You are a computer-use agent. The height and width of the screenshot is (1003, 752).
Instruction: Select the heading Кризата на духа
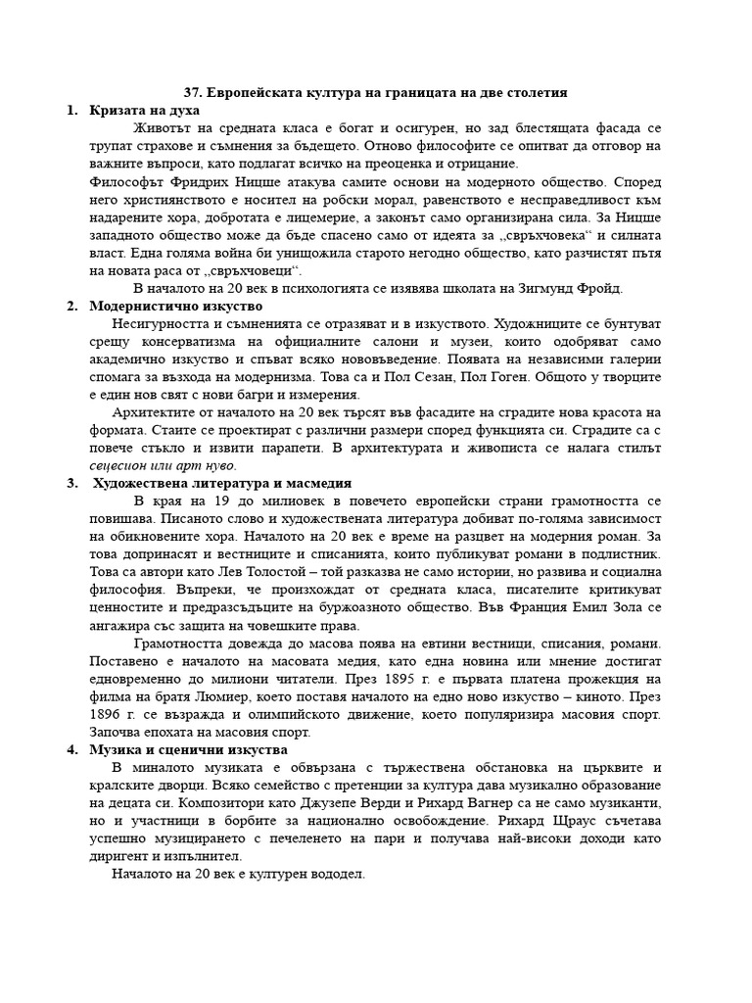[x=140, y=110]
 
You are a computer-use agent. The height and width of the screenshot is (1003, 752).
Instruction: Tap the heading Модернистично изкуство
[x=164, y=306]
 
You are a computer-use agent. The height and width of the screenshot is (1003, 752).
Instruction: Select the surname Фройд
[x=597, y=288]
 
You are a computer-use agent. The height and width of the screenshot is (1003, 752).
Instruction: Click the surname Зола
[x=622, y=606]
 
